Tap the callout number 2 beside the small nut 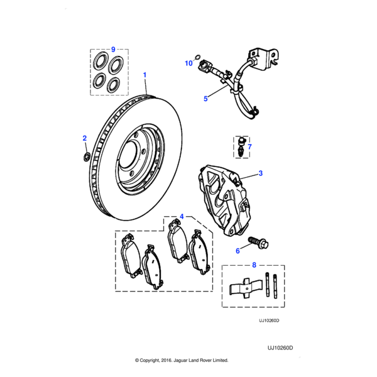point(85,138)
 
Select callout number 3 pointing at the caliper point(261,173)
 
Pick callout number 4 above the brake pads point(182,217)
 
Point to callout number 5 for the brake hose point(205,99)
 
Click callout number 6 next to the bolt point(238,251)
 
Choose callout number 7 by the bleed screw point(249,147)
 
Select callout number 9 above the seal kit point(114,49)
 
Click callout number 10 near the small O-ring point(188,63)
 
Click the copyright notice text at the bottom point(182,361)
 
